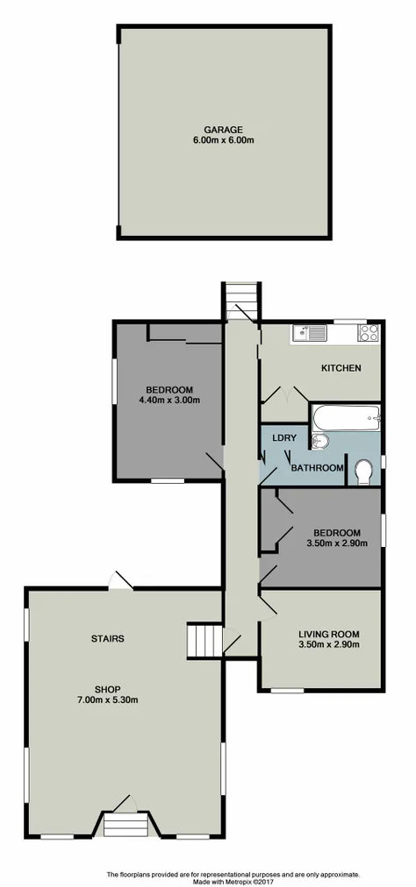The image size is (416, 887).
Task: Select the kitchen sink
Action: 312,332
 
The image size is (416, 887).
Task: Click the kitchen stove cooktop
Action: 369,332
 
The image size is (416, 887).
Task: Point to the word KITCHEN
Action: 341,368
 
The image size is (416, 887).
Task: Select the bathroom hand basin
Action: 319,440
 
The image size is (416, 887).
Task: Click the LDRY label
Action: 283,438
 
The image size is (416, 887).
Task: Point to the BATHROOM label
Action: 317,468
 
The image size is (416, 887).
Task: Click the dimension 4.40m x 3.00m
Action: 169,401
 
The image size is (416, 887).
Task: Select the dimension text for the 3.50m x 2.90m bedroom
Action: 337,543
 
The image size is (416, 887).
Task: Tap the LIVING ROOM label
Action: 328,635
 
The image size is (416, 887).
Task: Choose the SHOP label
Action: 109,688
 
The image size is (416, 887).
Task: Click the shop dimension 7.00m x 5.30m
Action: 109,699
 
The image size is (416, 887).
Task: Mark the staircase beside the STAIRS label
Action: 203,640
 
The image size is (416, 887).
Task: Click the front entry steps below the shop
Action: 124,826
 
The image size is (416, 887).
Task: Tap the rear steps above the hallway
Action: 240,301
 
